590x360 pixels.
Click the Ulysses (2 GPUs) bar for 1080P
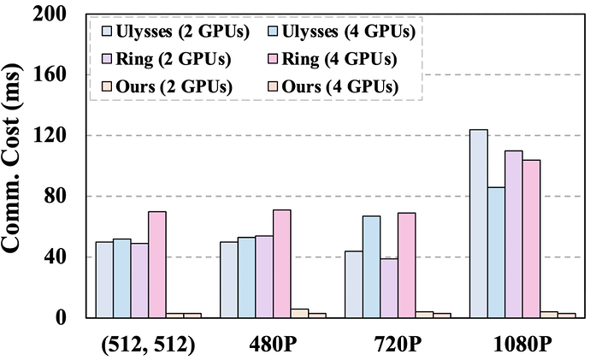(478, 223)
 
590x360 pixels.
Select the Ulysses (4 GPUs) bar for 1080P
(496, 252)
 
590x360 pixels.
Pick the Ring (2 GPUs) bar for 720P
(389, 288)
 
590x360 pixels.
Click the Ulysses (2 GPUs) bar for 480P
(228, 280)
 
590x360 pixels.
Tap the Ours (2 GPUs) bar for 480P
(299, 313)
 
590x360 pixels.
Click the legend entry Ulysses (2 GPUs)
(163, 34)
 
